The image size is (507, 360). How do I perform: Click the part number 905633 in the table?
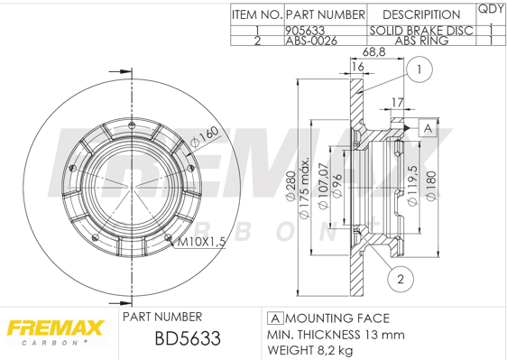305,31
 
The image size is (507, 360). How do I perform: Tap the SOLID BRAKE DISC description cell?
421,31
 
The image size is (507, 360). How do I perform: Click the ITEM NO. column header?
257,14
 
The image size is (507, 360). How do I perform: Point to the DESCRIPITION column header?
421,14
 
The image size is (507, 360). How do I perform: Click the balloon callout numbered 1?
419,69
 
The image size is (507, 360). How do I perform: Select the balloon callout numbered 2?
401,279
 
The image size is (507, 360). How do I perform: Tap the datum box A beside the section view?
428,128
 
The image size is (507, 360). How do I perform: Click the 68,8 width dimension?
374,51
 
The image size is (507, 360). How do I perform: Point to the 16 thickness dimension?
358,66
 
